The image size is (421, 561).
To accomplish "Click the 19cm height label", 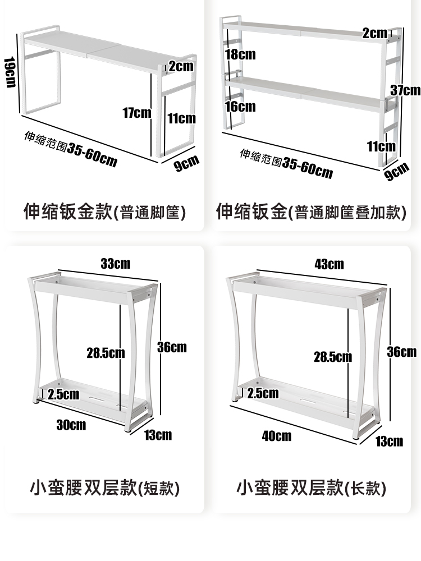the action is (x=10, y=72).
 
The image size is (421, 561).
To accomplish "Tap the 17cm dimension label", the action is (x=137, y=113).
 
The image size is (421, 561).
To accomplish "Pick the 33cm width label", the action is (x=115, y=263).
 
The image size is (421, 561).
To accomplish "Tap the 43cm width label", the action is (x=329, y=264).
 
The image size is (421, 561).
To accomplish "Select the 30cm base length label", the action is (x=71, y=425).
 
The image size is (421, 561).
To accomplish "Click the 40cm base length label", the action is (x=277, y=435).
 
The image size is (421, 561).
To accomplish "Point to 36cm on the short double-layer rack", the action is (x=172, y=347).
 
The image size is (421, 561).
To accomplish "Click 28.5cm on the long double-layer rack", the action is (x=333, y=356).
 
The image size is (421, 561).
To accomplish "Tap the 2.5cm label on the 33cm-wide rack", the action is (x=63, y=394).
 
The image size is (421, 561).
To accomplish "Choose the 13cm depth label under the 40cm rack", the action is (x=389, y=441).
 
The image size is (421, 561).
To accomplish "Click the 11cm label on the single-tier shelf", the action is (x=181, y=118).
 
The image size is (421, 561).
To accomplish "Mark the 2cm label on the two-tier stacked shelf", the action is (x=375, y=33).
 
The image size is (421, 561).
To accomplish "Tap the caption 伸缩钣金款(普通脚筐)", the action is (x=104, y=213).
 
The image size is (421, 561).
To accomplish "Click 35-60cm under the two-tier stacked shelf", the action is (x=308, y=167).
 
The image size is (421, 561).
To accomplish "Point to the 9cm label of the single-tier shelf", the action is (x=186, y=163).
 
